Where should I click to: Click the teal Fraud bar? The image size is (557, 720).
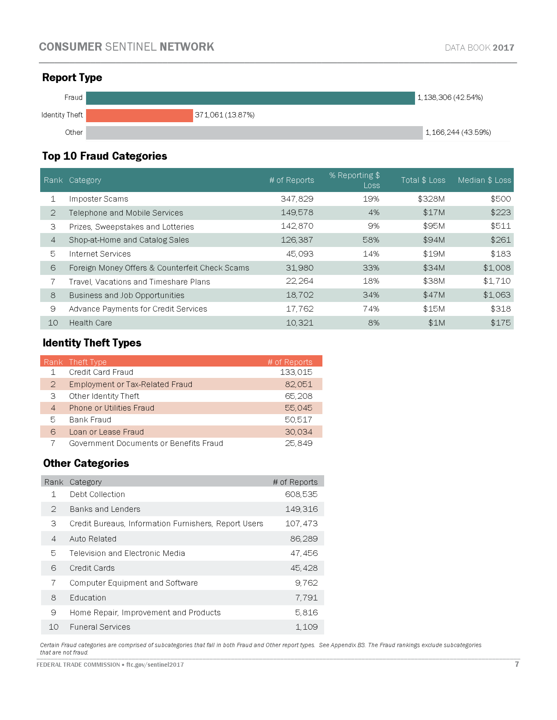[250, 98]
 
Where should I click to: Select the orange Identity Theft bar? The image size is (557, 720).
[139, 116]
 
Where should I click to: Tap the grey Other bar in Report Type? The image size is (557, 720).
[254, 133]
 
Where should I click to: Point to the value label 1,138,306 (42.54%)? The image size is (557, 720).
[450, 98]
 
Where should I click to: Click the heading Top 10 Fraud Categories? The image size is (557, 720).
[104, 156]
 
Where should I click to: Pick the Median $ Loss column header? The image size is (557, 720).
[484, 180]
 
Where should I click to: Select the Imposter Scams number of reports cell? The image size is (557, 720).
[297, 199]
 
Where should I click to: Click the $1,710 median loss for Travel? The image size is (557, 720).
[497, 281]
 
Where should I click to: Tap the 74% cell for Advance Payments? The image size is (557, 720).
[371, 309]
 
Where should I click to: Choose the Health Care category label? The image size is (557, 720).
[90, 323]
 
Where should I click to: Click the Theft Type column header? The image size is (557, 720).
[87, 362]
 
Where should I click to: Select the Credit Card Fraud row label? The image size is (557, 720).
[101, 372]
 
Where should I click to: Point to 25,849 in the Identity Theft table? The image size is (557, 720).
[298, 443]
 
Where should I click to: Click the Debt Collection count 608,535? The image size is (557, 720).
[301, 494]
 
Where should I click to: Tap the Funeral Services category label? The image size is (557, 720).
[100, 627]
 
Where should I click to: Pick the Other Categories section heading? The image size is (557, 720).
[86, 463]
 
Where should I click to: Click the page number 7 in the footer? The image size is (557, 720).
[517, 664]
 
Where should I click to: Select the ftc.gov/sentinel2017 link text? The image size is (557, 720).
[155, 665]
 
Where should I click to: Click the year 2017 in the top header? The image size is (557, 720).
[503, 48]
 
